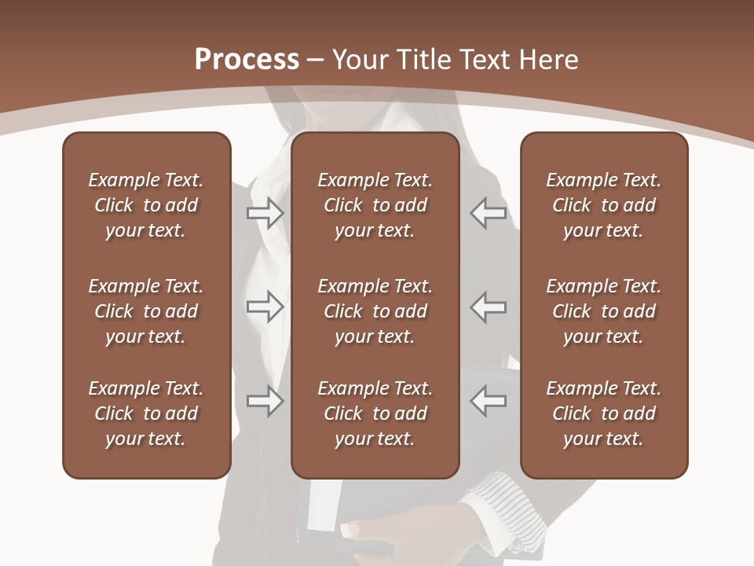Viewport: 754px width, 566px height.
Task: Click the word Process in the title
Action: pyautogui.click(x=247, y=60)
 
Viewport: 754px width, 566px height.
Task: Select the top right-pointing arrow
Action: pyautogui.click(x=265, y=212)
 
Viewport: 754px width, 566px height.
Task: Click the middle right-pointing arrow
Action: pyautogui.click(x=265, y=307)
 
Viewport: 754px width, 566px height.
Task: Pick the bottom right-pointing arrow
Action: pyautogui.click(x=265, y=401)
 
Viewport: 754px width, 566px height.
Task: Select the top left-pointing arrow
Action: pyautogui.click(x=489, y=212)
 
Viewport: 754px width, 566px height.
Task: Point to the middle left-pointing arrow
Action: pyautogui.click(x=489, y=307)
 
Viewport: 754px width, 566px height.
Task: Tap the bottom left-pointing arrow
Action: pyautogui.click(x=489, y=401)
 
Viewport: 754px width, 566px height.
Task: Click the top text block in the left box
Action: pyautogui.click(x=146, y=205)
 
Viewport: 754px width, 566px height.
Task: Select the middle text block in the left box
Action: pyautogui.click(x=146, y=311)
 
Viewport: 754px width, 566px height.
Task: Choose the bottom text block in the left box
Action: pyautogui.click(x=146, y=413)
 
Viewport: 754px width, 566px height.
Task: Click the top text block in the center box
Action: pyautogui.click(x=375, y=205)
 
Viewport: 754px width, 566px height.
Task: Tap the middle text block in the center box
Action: pyautogui.click(x=375, y=311)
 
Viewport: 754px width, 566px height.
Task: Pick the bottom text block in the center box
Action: pyautogui.click(x=375, y=413)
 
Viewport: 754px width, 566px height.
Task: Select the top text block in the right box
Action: pyautogui.click(x=604, y=205)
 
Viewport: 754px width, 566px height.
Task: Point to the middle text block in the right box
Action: pyautogui.click(x=604, y=311)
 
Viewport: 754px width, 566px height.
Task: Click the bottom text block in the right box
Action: pyautogui.click(x=604, y=413)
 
